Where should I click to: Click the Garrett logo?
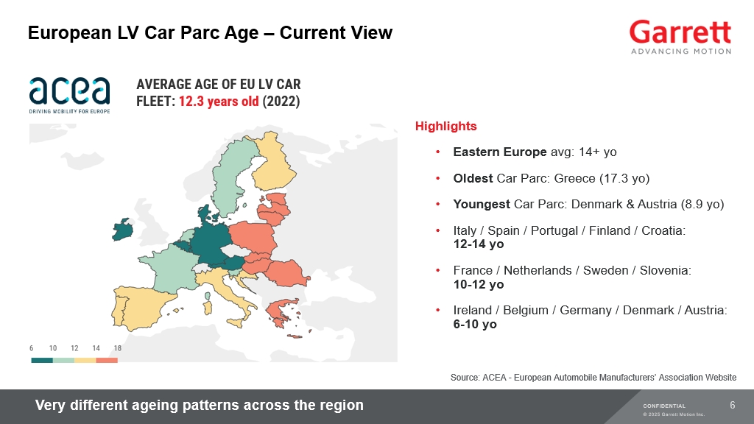pyautogui.click(x=680, y=37)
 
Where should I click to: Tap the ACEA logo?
pyautogui.click(x=69, y=95)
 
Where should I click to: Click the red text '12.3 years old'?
pyautogui.click(x=219, y=102)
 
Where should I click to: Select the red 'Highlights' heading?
pyautogui.click(x=445, y=126)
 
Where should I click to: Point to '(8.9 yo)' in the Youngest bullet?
pyautogui.click(x=702, y=205)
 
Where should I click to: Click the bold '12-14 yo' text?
pyautogui.click(x=479, y=244)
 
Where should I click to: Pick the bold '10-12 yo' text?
pyautogui.click(x=479, y=284)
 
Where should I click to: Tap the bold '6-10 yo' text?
pyautogui.click(x=475, y=324)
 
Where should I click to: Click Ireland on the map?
pyautogui.click(x=122, y=230)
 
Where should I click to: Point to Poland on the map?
pyautogui.click(x=253, y=237)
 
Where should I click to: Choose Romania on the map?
pyautogui.click(x=287, y=273)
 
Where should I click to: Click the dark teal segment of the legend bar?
pyautogui.click(x=42, y=360)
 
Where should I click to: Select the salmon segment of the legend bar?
pyautogui.click(x=107, y=360)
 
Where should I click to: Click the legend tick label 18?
pyautogui.click(x=117, y=348)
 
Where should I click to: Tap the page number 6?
pyautogui.click(x=733, y=405)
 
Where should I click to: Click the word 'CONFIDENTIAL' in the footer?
pyautogui.click(x=664, y=406)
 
